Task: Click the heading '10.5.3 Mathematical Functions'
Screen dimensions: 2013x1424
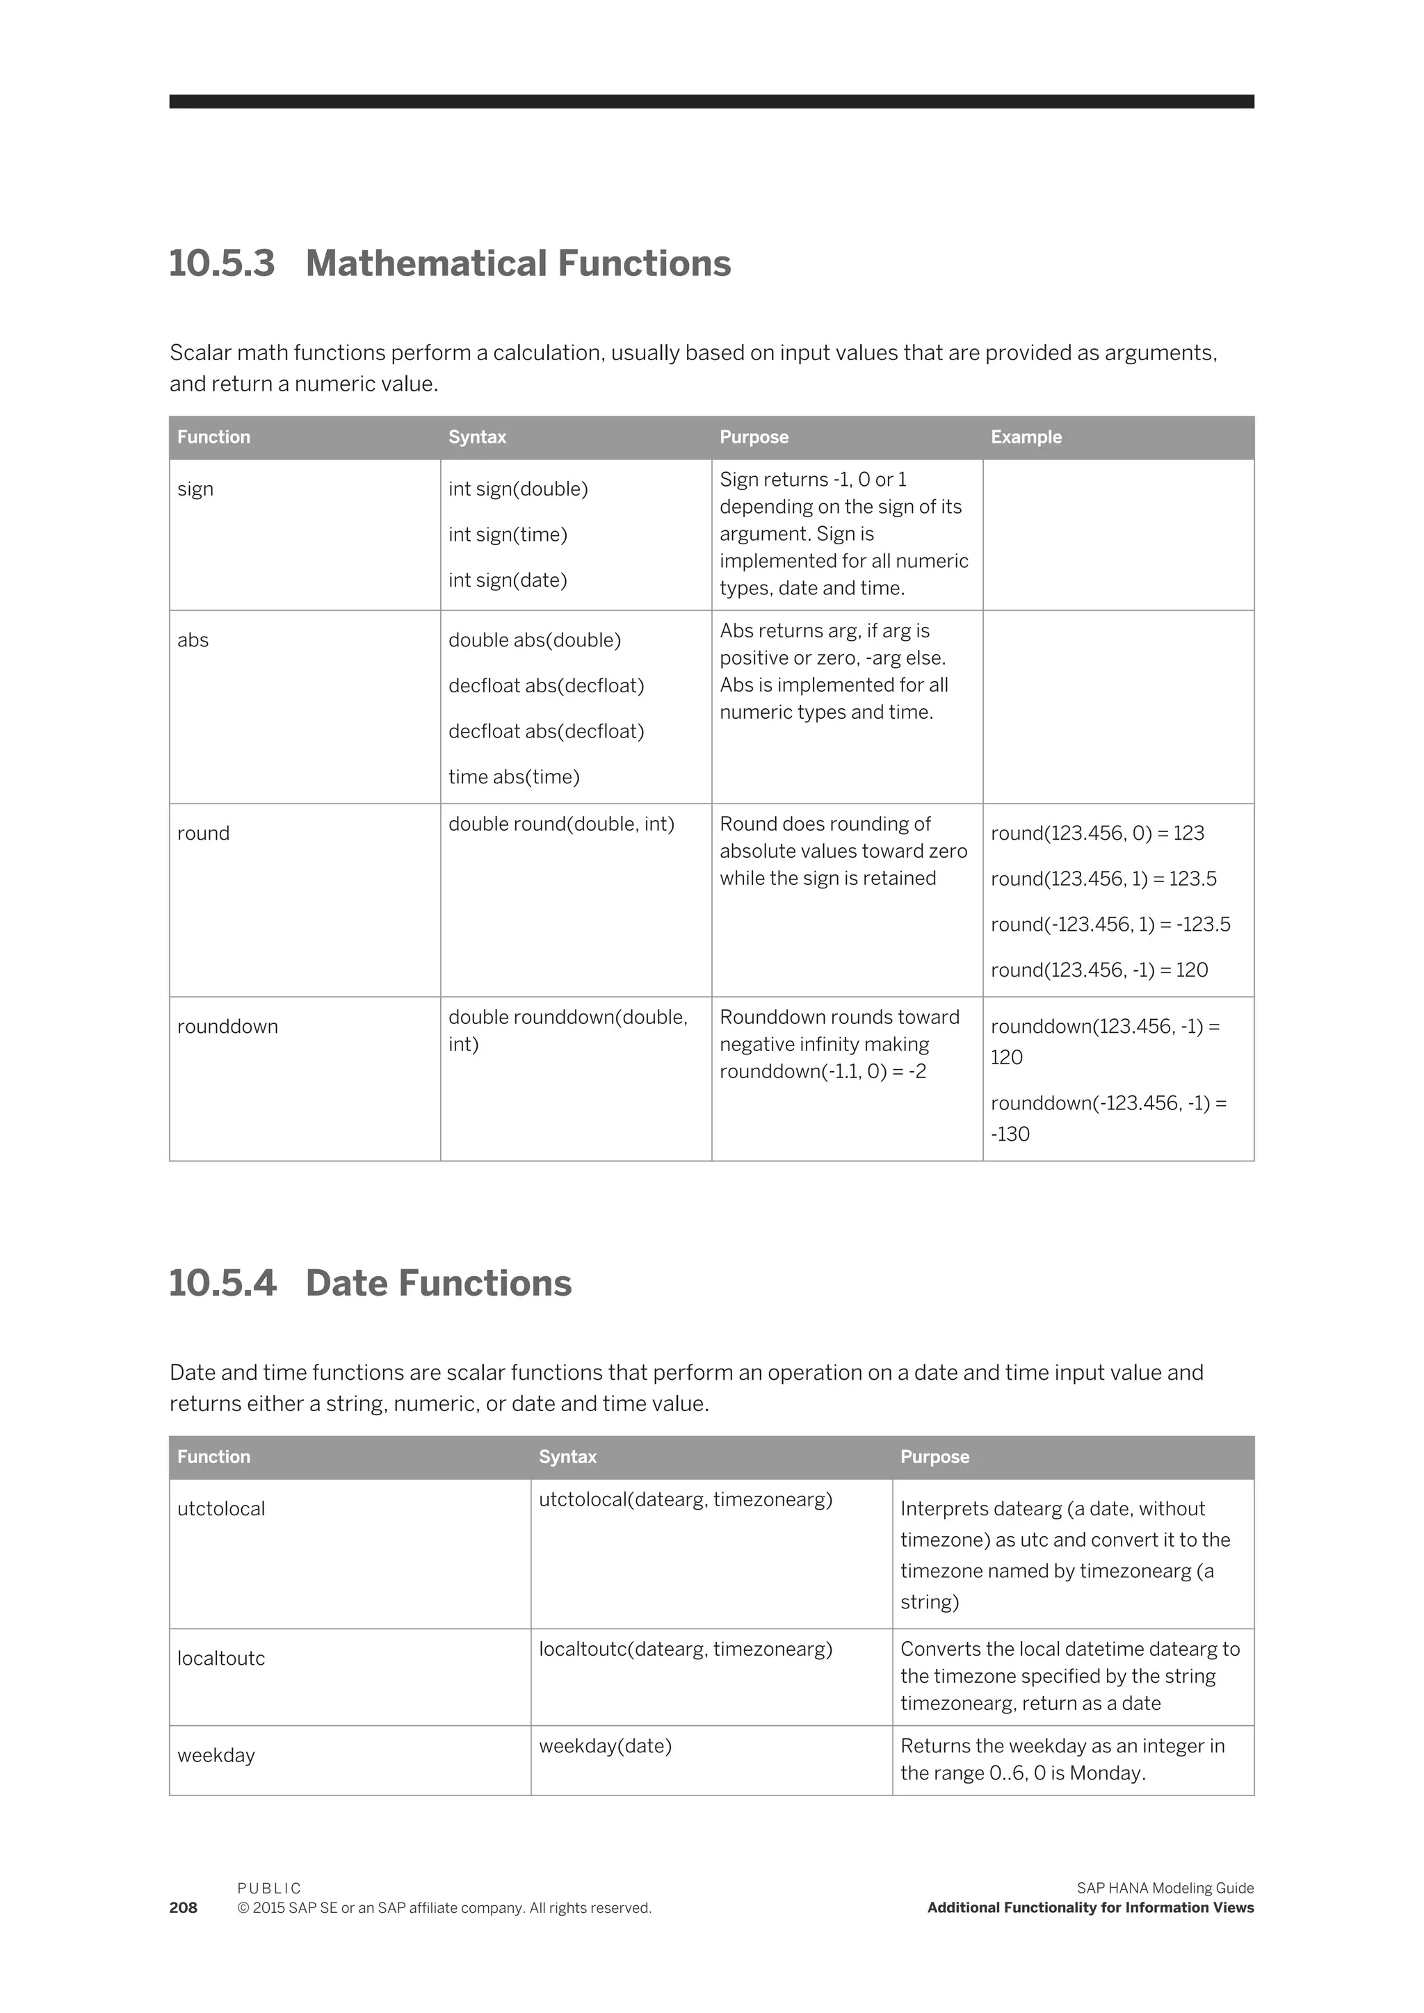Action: point(449,264)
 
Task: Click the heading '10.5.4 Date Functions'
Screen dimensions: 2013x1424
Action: point(369,1284)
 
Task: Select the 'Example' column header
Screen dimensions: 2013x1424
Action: point(1025,437)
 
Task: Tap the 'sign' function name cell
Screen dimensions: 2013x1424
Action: point(195,489)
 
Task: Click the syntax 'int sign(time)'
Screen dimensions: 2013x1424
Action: point(507,535)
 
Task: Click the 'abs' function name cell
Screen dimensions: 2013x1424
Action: point(192,640)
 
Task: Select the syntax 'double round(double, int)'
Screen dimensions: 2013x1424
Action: point(560,824)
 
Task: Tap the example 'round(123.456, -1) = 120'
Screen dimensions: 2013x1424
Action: point(1099,970)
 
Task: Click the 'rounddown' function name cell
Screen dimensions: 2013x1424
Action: point(227,1027)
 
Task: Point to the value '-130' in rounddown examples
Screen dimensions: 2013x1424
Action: point(1010,1134)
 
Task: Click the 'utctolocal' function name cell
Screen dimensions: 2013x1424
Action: point(220,1509)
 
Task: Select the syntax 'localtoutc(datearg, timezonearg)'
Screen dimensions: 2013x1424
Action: point(685,1649)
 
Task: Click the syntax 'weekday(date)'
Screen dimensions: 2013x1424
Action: point(604,1745)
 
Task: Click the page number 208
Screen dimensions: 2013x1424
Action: point(184,1908)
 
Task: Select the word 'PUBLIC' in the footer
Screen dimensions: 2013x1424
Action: point(268,1889)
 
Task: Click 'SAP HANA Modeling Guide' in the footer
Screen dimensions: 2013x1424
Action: point(1165,1889)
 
